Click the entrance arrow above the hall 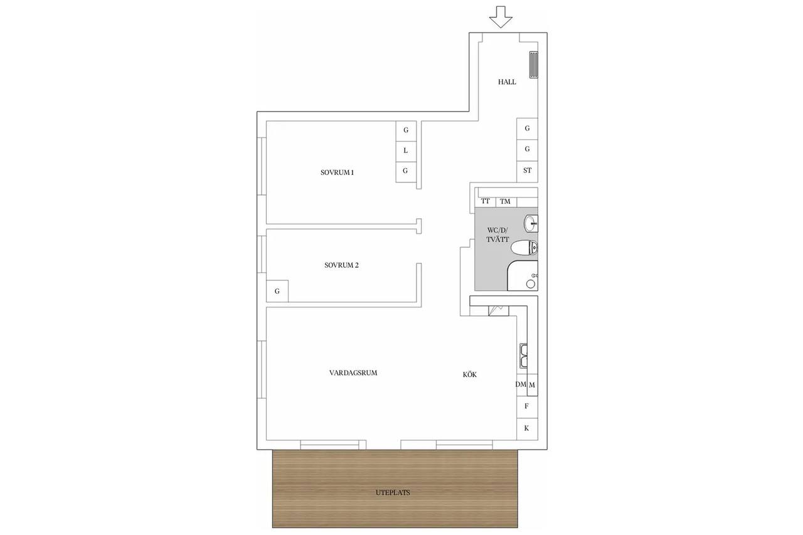coord(501,17)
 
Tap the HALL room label coord(507,82)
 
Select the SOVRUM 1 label coord(337,172)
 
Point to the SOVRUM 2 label coord(341,265)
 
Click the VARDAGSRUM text coord(353,373)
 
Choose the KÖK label coord(470,374)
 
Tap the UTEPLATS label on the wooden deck coord(393,492)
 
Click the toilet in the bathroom coord(524,248)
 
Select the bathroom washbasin coord(531,223)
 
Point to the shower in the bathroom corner coord(523,275)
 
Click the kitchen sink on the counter coord(524,356)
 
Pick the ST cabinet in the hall coord(527,171)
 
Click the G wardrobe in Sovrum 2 coord(277,291)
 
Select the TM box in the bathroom coord(506,202)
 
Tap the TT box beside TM coord(486,202)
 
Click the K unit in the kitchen coord(527,428)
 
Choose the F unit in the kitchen coord(527,406)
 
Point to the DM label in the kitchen coord(521,384)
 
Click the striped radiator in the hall coord(533,65)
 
